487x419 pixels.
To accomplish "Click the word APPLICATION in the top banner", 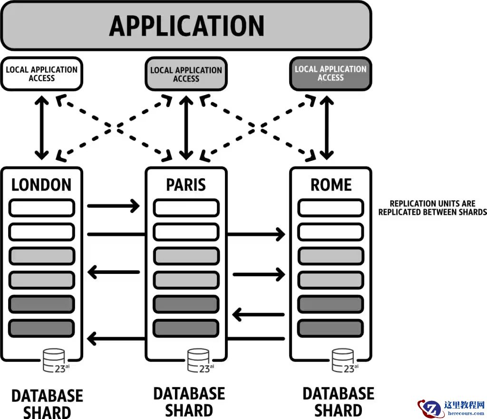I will point(186,26).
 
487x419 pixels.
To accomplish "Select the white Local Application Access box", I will point(41,74).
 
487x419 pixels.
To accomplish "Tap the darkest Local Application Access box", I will point(331,73).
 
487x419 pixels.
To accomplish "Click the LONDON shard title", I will point(41,185).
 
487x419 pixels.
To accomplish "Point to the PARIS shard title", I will point(186,185).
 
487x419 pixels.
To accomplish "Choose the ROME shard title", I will point(331,185).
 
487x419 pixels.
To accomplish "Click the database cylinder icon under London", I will point(54,360).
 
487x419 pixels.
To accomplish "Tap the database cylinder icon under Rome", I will point(343,360).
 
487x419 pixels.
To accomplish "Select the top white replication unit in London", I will point(42,208).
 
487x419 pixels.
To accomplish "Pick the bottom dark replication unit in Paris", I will point(186,328).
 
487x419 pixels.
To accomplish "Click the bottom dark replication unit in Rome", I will point(331,328).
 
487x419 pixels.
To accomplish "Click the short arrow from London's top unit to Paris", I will point(113,206).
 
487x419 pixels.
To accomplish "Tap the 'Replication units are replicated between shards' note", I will point(432,208).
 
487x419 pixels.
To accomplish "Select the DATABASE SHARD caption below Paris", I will point(189,401).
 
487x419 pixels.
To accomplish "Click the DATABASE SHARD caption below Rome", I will point(338,401).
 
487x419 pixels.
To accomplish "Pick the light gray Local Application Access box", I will point(186,74).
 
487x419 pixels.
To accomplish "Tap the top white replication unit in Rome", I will point(331,208).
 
